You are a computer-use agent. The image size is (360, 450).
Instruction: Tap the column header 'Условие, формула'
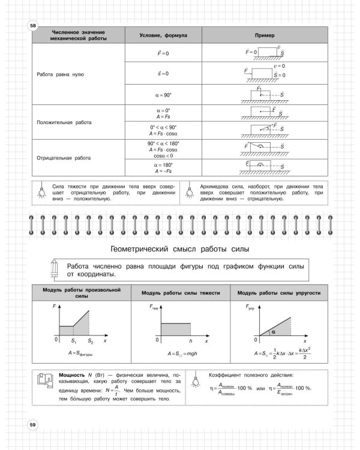pyautogui.click(x=163, y=35)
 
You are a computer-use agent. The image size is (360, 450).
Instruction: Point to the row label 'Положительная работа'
pyautogui.click(x=64, y=122)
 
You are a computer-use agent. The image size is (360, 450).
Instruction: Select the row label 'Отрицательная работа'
pyautogui.click(x=64, y=158)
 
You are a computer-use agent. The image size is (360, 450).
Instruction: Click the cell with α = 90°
pyautogui.click(x=163, y=94)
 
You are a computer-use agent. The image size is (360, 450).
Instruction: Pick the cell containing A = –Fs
pyautogui.click(x=163, y=170)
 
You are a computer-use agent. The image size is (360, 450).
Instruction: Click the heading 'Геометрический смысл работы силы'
pyautogui.click(x=181, y=248)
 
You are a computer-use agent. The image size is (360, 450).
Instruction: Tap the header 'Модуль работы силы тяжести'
pyautogui.click(x=181, y=293)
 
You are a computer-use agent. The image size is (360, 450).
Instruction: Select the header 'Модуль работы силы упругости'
pyautogui.click(x=278, y=293)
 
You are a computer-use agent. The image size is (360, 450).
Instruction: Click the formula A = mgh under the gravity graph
pyautogui.click(x=180, y=353)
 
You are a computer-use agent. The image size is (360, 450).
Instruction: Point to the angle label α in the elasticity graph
pyautogui.click(x=272, y=331)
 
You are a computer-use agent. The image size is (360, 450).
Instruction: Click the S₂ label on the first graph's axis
pyautogui.click(x=91, y=341)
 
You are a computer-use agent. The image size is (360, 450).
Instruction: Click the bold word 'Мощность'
pyautogui.click(x=73, y=375)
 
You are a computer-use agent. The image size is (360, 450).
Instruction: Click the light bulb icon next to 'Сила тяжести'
pyautogui.click(x=42, y=191)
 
